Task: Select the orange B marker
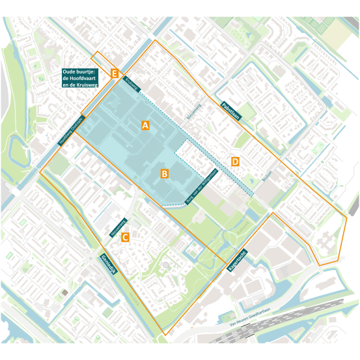pyautogui.click(x=165, y=174)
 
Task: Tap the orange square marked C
pyautogui.click(x=125, y=238)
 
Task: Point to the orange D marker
pyautogui.click(x=236, y=161)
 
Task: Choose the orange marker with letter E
pyautogui.click(x=115, y=73)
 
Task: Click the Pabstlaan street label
pyautogui.click(x=230, y=111)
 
